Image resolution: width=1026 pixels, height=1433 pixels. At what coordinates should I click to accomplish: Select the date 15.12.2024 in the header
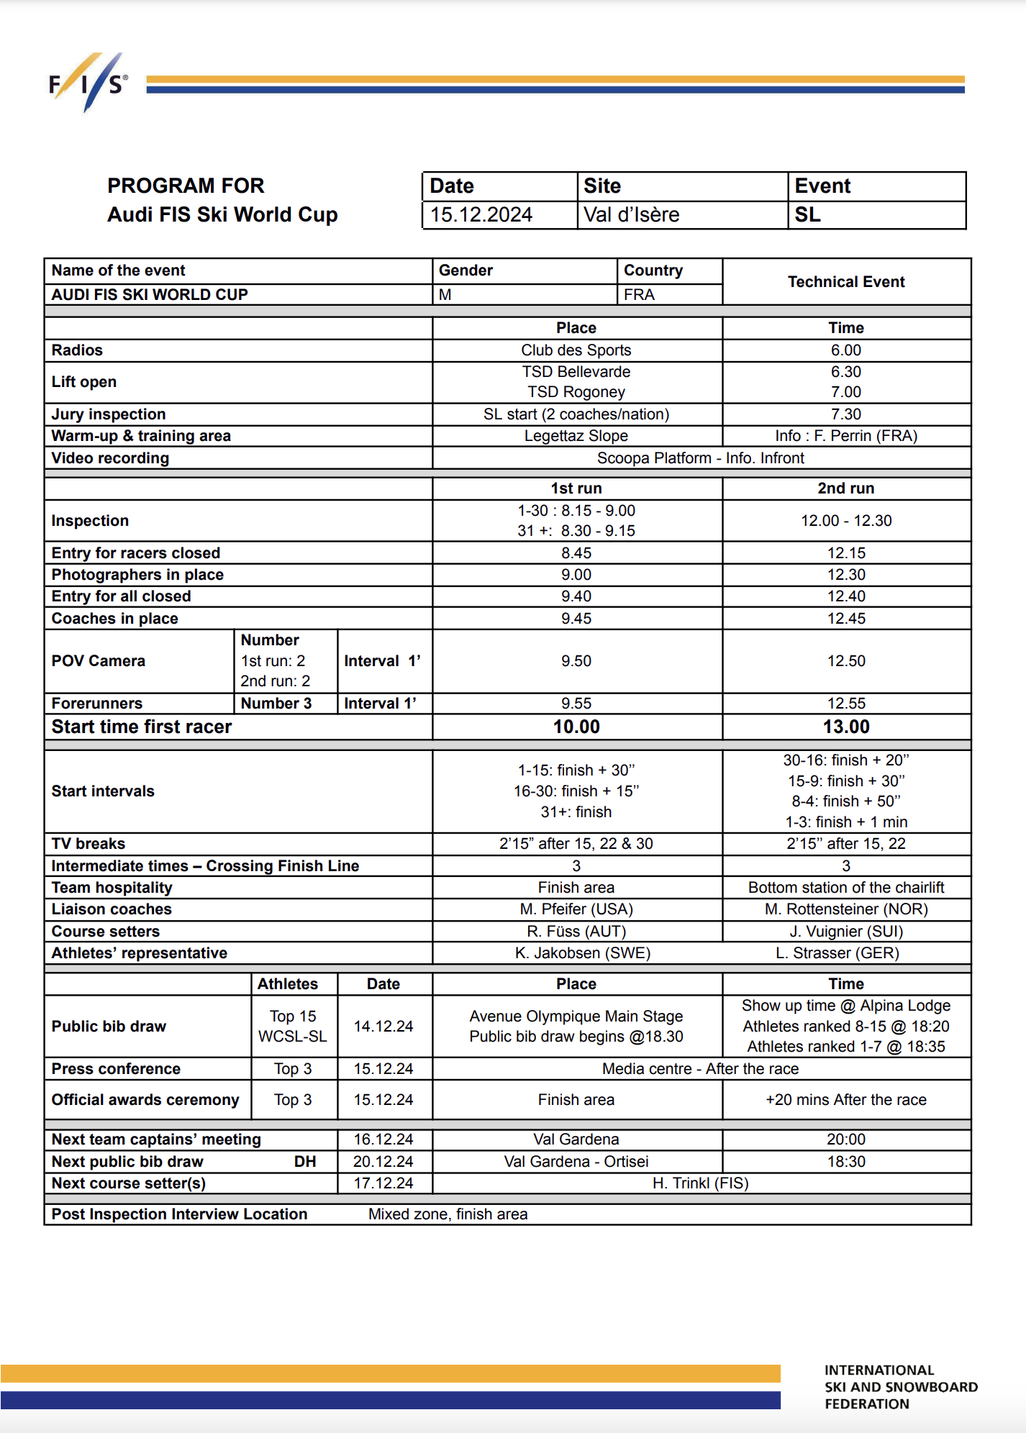[481, 215]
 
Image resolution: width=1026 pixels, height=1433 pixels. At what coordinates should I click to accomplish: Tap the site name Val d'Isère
[631, 215]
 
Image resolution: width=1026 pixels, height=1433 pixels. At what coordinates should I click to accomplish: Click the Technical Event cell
[846, 282]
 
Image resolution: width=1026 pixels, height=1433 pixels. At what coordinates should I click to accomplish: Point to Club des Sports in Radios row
[576, 350]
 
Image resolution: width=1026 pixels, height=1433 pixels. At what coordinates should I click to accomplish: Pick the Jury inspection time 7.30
[845, 414]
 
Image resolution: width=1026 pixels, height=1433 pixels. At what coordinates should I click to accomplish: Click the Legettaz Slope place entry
[576, 436]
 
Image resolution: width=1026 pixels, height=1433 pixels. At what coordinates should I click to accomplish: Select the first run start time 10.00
[576, 727]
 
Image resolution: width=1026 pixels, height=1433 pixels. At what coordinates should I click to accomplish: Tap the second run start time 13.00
[845, 727]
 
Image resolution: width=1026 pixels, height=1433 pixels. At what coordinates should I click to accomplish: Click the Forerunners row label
[97, 704]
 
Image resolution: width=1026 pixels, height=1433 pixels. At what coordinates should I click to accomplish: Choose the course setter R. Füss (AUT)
[576, 932]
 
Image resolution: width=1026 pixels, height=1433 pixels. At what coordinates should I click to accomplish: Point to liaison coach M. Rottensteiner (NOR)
[845, 909]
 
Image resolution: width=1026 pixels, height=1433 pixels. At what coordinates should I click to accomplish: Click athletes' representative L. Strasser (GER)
[845, 953]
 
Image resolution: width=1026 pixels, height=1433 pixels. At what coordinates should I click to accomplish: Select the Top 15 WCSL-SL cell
[293, 1026]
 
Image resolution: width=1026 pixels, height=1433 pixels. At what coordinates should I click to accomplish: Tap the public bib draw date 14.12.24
[383, 1026]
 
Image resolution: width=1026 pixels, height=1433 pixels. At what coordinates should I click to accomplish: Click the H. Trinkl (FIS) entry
[700, 1183]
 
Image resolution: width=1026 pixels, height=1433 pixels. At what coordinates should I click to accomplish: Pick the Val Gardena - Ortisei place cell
[576, 1162]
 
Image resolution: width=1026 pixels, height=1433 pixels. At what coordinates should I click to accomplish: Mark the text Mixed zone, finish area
[448, 1214]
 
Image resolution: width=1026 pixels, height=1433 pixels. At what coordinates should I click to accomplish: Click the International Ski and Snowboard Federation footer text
[900, 1387]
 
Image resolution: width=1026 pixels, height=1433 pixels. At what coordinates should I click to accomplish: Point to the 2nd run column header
[845, 488]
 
